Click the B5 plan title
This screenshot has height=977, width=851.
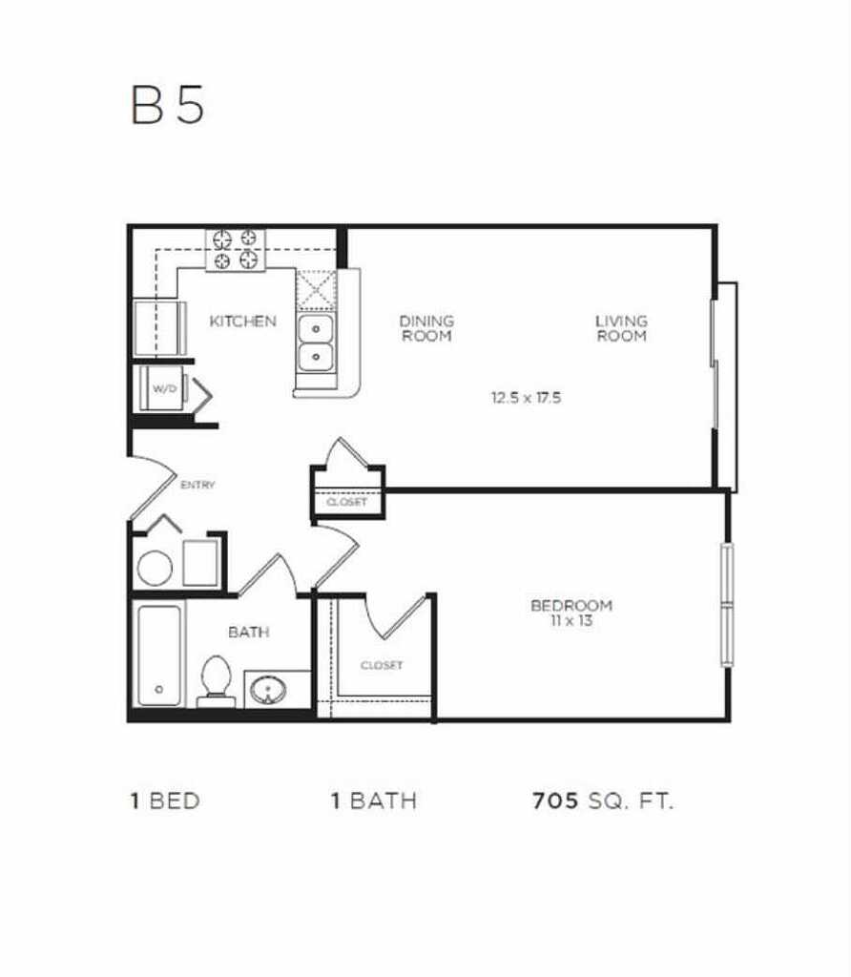tap(168, 106)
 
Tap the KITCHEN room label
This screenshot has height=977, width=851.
tap(243, 322)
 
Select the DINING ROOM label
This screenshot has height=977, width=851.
tap(426, 328)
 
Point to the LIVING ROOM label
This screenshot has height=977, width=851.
tap(621, 328)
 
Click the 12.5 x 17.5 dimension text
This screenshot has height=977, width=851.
tap(526, 398)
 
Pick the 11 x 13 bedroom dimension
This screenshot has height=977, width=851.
tap(571, 621)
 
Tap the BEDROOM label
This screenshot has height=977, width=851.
tap(571, 606)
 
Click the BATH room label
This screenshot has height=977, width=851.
tap(248, 632)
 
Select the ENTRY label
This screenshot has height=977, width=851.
tap(197, 485)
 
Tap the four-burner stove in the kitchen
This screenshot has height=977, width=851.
tap(236, 250)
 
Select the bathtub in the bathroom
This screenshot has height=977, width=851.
tap(158, 655)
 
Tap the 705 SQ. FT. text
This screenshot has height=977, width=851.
tap(602, 801)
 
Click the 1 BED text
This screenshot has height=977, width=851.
tap(165, 801)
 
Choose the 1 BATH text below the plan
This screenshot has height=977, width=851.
tap(373, 801)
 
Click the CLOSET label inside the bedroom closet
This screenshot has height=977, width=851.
tap(382, 665)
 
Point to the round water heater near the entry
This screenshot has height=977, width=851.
tap(155, 568)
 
